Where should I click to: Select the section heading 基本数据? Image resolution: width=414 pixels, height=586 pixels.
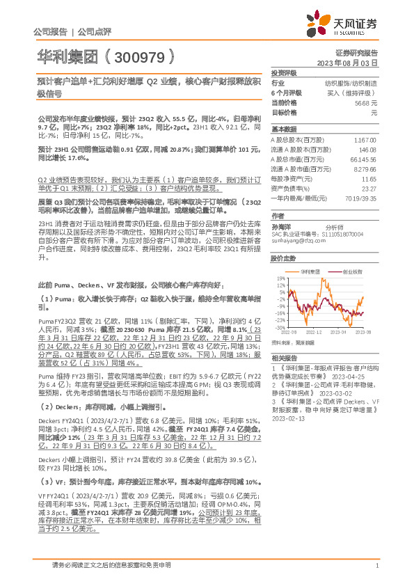tap(284, 129)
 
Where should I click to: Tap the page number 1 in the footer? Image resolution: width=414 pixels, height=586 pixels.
tap(376, 575)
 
